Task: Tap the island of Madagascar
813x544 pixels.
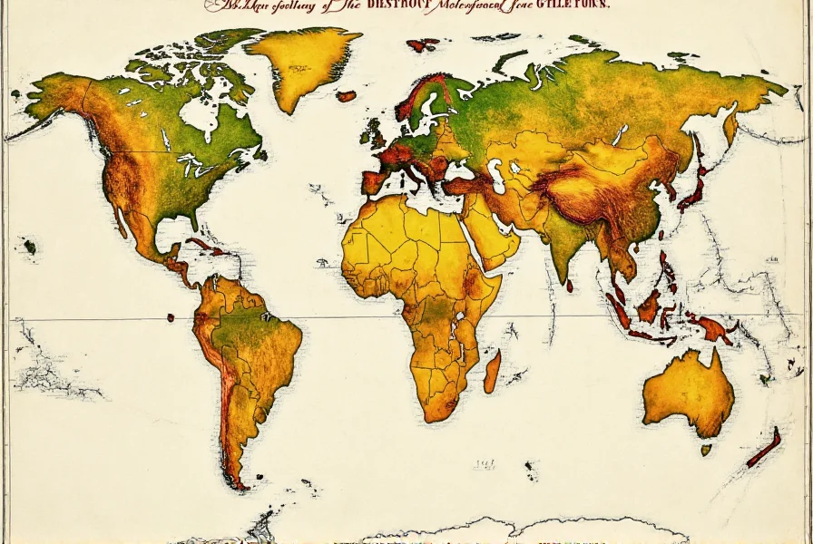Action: click(x=491, y=372)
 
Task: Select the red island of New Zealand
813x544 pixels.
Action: click(x=764, y=448)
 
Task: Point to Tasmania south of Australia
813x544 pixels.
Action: click(x=706, y=449)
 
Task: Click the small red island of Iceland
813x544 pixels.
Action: click(x=346, y=95)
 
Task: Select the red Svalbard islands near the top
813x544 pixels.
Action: click(x=421, y=44)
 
